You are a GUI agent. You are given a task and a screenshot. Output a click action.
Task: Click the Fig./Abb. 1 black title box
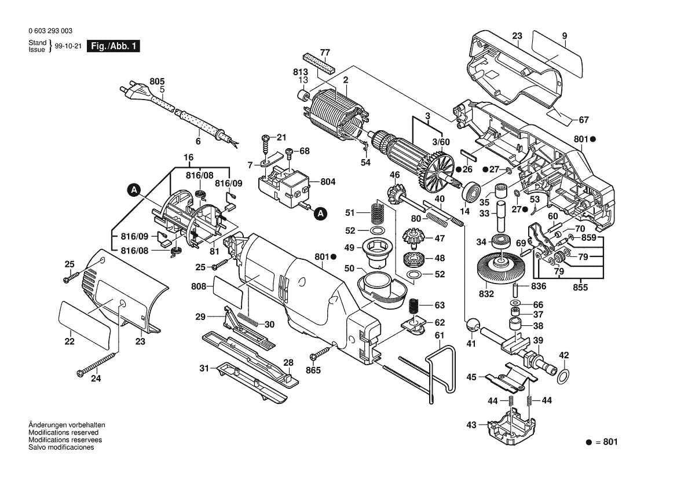pyautogui.click(x=114, y=46)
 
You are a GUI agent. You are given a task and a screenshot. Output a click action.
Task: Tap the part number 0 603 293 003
pyautogui.click(x=50, y=31)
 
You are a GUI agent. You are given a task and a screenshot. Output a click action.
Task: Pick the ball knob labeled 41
pyautogui.click(x=472, y=324)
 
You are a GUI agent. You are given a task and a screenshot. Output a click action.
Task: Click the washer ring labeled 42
pyautogui.click(x=563, y=376)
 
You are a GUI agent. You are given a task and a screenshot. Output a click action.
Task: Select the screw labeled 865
pyautogui.click(x=321, y=352)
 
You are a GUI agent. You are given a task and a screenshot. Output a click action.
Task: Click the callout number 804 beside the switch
pyautogui.click(x=328, y=182)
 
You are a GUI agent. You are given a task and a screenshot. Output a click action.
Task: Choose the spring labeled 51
pyautogui.click(x=378, y=212)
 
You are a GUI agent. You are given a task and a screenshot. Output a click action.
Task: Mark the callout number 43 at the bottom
pyautogui.click(x=471, y=425)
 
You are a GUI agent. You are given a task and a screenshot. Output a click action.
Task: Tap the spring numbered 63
pyautogui.click(x=415, y=306)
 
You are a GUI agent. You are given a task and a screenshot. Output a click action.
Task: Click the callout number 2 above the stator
pyautogui.click(x=346, y=80)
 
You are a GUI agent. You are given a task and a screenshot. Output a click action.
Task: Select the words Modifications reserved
pyautogui.click(x=64, y=432)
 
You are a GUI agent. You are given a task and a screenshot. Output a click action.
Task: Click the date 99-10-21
pyautogui.click(x=68, y=46)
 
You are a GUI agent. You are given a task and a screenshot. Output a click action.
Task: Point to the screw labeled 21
pyautogui.click(x=266, y=145)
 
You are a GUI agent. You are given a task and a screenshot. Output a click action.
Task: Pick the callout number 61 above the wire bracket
pyautogui.click(x=440, y=335)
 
